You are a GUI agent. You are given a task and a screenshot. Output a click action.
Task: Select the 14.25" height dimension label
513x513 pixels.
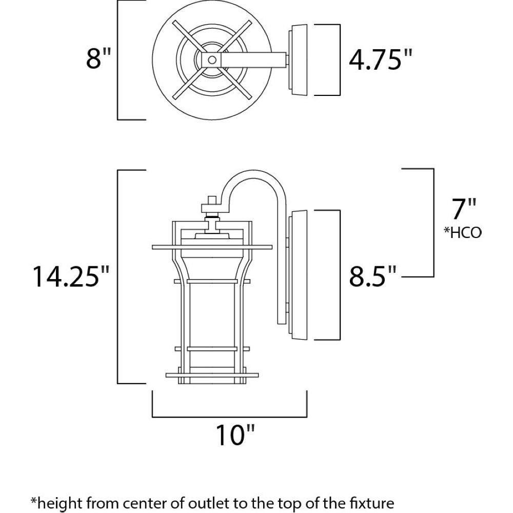pos(70,277)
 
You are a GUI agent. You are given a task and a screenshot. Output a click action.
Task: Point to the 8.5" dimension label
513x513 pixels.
pos(372,276)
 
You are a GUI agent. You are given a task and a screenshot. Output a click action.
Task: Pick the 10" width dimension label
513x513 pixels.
pos(234,435)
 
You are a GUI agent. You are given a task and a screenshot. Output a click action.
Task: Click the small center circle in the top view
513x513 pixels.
pos(212,60)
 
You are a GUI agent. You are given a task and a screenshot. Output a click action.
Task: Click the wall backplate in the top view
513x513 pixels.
pos(298,60)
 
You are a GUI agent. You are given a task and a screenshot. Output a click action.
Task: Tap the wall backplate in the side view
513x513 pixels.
pos(298,275)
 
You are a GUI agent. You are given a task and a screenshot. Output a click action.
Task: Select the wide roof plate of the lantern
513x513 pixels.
pos(212,247)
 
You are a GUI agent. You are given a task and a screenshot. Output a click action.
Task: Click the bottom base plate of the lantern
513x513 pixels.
pos(212,375)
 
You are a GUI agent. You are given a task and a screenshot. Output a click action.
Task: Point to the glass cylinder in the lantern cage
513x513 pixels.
pos(212,314)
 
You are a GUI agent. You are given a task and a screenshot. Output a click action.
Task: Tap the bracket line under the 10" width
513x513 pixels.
pos(229,417)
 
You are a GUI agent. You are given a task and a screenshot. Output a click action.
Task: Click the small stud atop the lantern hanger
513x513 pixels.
pos(212,200)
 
